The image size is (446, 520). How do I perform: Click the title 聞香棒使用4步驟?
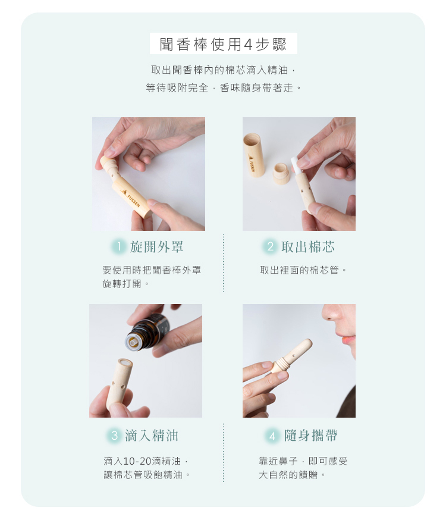pyautogui.click(x=223, y=44)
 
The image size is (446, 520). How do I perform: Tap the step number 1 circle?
pyautogui.click(x=118, y=247)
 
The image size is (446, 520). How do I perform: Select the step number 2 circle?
pyautogui.click(x=270, y=247)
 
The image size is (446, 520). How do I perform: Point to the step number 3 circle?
pyautogui.click(x=114, y=436)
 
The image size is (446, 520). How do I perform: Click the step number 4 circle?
pyautogui.click(x=272, y=436)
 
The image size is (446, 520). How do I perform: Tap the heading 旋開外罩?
pyautogui.click(x=157, y=247)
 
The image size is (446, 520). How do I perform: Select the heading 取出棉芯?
pyautogui.click(x=308, y=247)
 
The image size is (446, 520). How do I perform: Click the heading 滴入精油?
pyautogui.click(x=152, y=436)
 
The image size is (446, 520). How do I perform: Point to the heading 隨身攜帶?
pyautogui.click(x=311, y=436)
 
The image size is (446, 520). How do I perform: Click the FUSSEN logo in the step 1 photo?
pyautogui.click(x=132, y=198)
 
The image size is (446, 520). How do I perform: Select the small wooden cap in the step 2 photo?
pyautogui.click(x=281, y=174)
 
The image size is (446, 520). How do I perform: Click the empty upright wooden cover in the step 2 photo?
pyautogui.click(x=254, y=155)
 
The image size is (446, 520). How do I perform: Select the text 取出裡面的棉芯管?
pyautogui.click(x=299, y=270)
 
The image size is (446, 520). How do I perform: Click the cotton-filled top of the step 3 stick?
pyautogui.click(x=126, y=362)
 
